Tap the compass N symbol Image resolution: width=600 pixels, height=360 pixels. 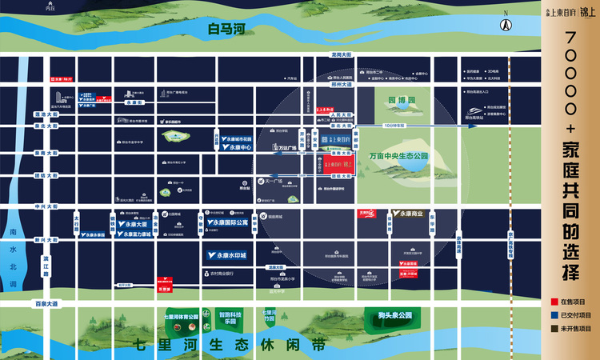[505, 23]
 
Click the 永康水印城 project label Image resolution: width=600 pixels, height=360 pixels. [222, 255]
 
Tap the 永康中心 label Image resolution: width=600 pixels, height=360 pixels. [239, 147]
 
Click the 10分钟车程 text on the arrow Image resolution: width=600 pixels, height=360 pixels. [396, 126]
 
